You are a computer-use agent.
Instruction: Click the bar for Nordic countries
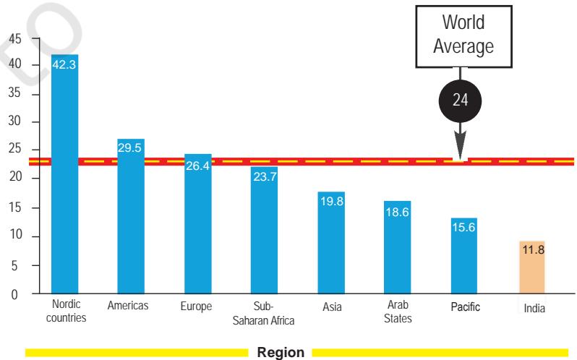click(x=65, y=174)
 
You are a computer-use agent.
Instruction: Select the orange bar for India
click(x=532, y=267)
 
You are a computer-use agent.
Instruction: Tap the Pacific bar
click(x=464, y=256)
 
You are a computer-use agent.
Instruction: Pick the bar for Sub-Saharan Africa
click(x=264, y=230)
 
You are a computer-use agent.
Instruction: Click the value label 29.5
click(x=129, y=147)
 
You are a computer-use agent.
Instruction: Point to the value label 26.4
click(x=197, y=166)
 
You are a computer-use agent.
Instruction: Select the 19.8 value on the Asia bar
click(x=332, y=201)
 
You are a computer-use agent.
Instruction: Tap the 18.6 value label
click(x=398, y=213)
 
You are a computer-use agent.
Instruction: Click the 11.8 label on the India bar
click(x=533, y=249)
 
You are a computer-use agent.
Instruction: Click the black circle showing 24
click(x=460, y=100)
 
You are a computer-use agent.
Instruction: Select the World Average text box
click(x=463, y=36)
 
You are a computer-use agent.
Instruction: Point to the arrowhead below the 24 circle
click(x=460, y=146)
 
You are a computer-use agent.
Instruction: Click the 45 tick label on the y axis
click(x=15, y=38)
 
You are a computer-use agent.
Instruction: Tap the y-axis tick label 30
click(x=15, y=121)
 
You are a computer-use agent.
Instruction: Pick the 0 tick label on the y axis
click(x=14, y=294)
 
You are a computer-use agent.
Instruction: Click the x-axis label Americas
click(x=128, y=306)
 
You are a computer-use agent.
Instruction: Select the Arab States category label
click(x=398, y=312)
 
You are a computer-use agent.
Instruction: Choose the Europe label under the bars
click(x=196, y=307)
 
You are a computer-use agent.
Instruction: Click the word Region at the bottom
click(x=281, y=352)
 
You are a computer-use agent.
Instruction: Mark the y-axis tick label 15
click(x=15, y=207)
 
